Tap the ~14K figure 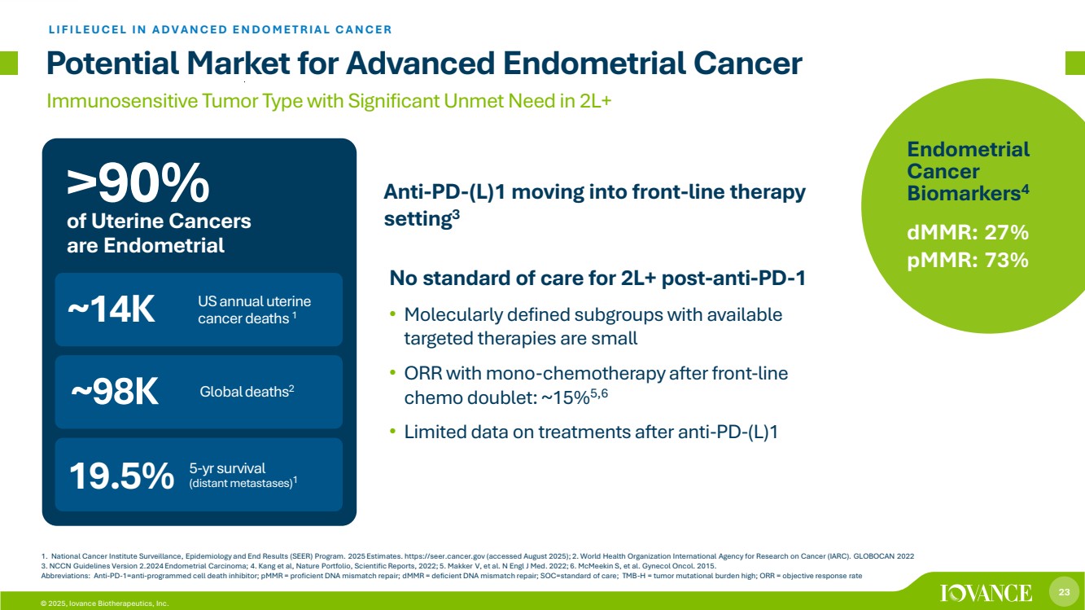[112, 309]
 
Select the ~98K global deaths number [115, 392]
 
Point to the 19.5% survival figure [121, 476]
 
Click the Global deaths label [247, 392]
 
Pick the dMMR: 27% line [967, 233]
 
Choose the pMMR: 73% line [967, 260]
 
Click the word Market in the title [238, 64]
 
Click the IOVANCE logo [986, 593]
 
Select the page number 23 [1064, 592]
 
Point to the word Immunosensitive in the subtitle [122, 101]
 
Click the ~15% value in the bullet [565, 397]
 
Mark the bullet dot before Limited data [393, 431]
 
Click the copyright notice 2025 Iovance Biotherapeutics [105, 603]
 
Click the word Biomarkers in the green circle [965, 193]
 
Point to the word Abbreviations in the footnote [65, 576]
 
